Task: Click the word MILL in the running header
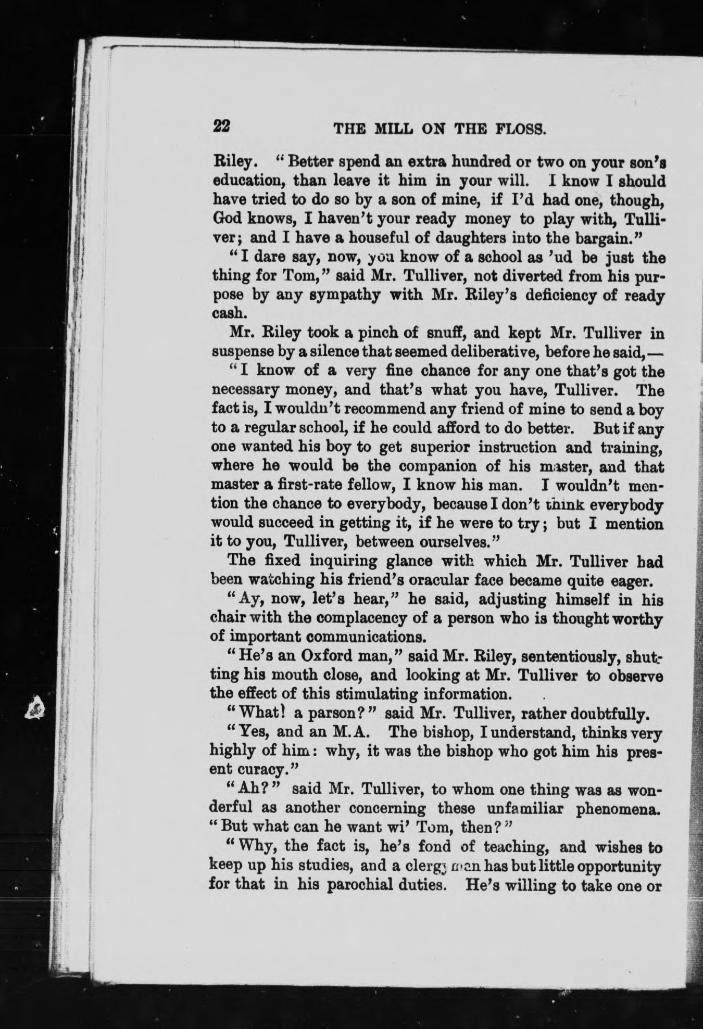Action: point(384,129)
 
